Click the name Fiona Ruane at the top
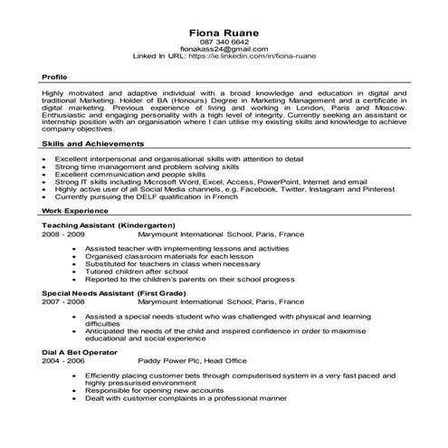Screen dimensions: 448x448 point(224,33)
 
